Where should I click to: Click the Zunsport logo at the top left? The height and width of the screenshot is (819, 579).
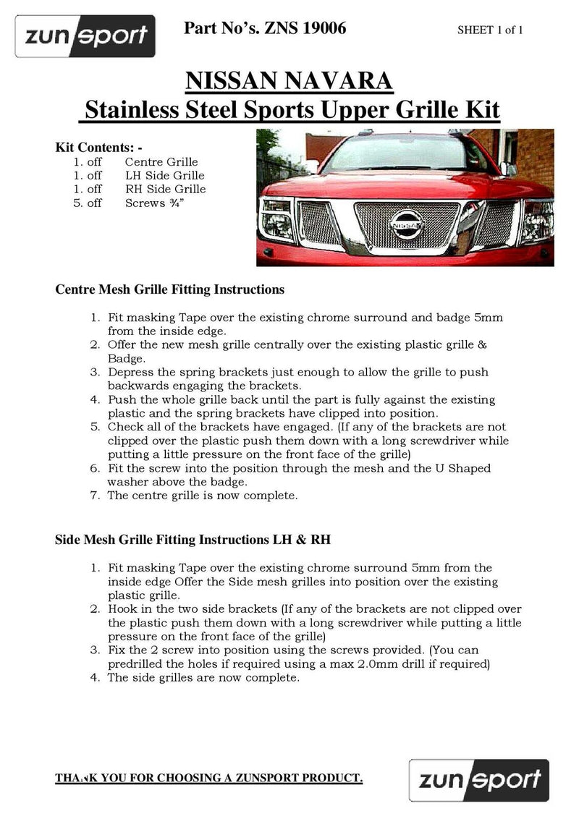[x=86, y=35]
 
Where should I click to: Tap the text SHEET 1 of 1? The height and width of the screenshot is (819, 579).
[x=490, y=30]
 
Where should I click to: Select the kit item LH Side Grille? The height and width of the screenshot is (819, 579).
[x=164, y=176]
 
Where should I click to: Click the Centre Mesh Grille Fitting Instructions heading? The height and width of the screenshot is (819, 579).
[x=169, y=290]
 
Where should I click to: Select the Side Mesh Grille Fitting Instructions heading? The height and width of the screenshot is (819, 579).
[x=193, y=540]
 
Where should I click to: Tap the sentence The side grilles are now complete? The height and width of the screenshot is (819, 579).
[x=203, y=678]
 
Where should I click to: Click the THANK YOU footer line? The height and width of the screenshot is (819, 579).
[x=209, y=778]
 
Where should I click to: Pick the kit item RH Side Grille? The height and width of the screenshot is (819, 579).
[x=165, y=190]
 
